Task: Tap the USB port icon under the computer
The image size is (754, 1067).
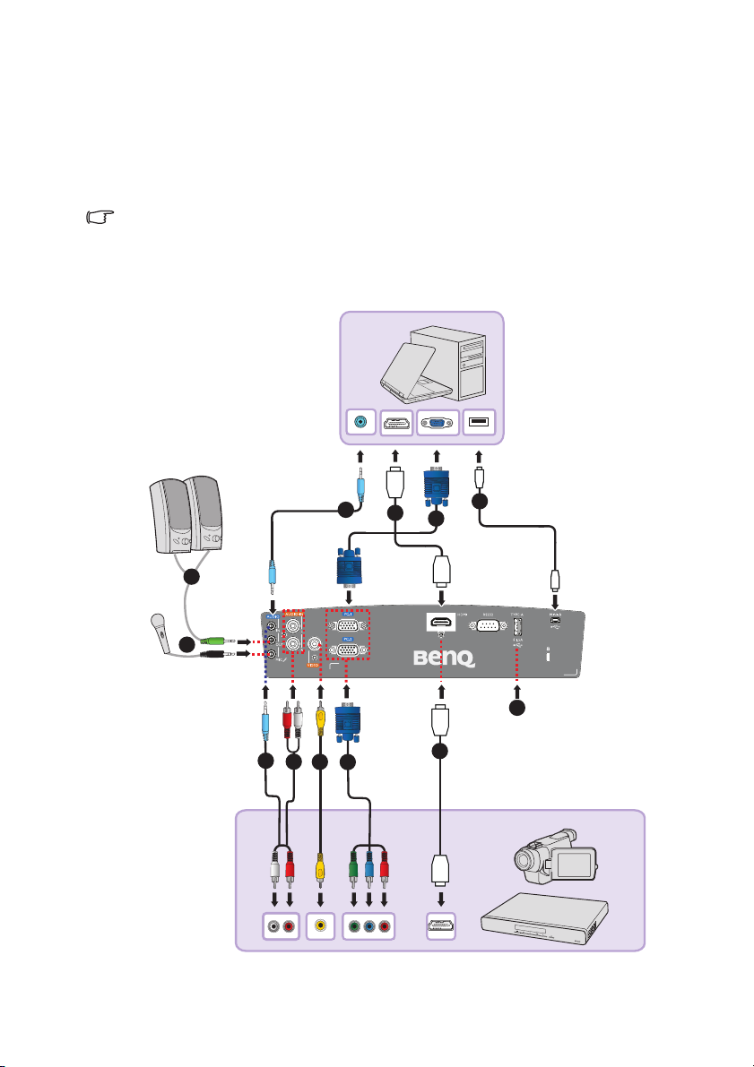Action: coord(479,424)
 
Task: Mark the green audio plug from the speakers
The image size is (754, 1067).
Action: coord(215,641)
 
